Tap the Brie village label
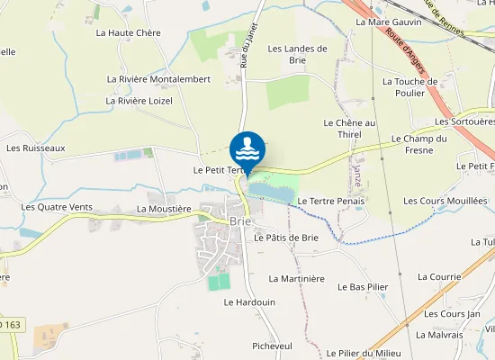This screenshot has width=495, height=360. tap(239, 220)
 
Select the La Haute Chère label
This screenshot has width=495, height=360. tap(128, 32)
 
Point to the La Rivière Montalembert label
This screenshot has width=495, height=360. tap(157, 79)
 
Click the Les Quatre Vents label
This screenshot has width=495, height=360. tap(57, 207)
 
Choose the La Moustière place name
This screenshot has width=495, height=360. tap(164, 208)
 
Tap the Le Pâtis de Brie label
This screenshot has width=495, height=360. tap(286, 238)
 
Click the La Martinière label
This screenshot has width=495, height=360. tap(296, 279)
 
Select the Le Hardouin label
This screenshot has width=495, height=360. tap(249, 302)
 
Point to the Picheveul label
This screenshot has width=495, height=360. tap(272, 346)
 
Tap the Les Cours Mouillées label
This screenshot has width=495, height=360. tap(445, 201)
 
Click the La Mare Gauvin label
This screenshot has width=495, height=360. tap(389, 21)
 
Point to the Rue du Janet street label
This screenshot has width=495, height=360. tap(248, 45)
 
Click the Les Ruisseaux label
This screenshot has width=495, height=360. tap(36, 148)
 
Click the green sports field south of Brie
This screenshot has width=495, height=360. tap(219, 282)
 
